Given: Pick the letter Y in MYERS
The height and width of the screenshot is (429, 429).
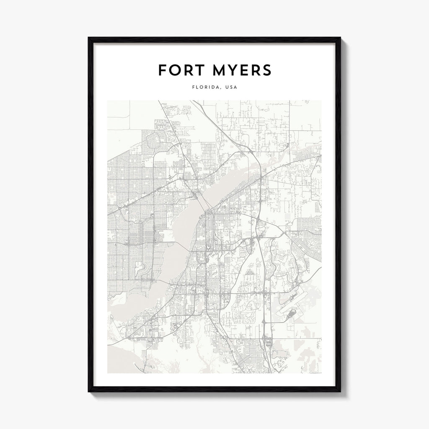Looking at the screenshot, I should pyautogui.click(x=229, y=70).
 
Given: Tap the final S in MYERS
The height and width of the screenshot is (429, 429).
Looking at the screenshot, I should pyautogui.click(x=266, y=70).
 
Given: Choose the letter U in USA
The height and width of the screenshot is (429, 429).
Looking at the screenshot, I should pyautogui.click(x=226, y=88).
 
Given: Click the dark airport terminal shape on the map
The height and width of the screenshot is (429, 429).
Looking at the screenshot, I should pyautogui.click(x=292, y=313).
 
